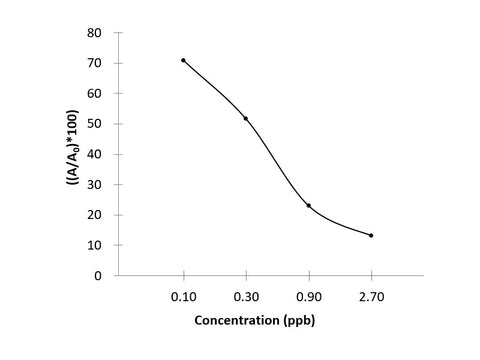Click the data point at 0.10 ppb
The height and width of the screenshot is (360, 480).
click(183, 60)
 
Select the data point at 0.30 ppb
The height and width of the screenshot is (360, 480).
click(246, 118)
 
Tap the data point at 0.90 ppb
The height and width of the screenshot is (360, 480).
click(309, 205)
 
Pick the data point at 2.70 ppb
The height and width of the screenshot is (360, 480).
click(371, 235)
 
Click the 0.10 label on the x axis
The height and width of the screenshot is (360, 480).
click(183, 296)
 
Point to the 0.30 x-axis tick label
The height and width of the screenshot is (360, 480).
click(246, 296)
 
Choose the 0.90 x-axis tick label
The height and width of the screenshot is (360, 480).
click(309, 296)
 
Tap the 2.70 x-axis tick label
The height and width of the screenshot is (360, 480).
click(371, 296)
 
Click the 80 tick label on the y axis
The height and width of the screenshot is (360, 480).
click(95, 33)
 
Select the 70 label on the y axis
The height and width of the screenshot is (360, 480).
click(95, 63)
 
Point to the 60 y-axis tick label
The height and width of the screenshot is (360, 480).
click(95, 93)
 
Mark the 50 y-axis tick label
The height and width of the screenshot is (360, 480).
click(95, 124)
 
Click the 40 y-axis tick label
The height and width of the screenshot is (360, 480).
click(95, 154)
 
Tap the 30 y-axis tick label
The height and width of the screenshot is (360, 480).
click(95, 184)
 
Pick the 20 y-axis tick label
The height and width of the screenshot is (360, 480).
click(95, 214)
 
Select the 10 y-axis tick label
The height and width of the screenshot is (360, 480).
click(95, 245)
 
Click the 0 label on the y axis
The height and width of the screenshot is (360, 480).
click(98, 275)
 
